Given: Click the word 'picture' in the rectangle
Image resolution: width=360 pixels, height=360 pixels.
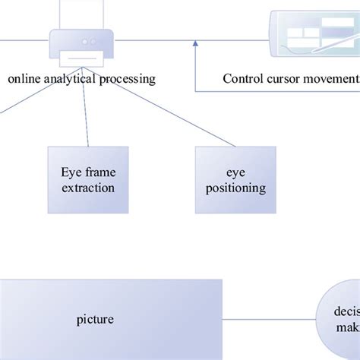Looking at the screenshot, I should [95, 320].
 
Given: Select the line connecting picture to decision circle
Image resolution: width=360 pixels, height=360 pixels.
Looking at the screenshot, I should [269, 319].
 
